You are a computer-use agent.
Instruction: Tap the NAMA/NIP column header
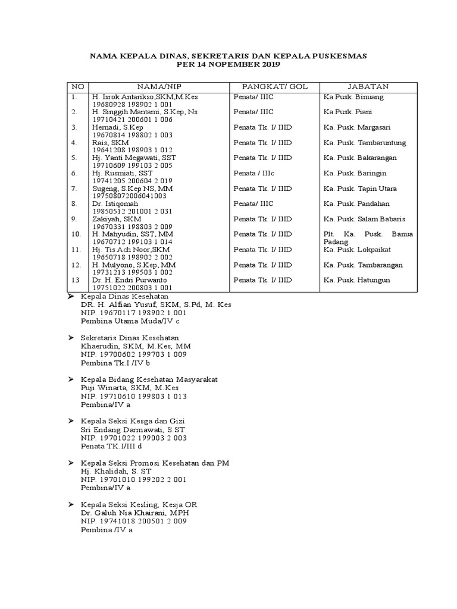(x=158, y=86)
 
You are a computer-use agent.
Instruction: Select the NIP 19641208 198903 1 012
(x=124, y=150)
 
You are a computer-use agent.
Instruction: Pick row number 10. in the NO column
(x=76, y=234)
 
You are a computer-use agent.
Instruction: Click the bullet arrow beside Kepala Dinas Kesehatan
(x=71, y=296)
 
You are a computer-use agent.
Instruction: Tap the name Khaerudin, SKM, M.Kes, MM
(x=136, y=346)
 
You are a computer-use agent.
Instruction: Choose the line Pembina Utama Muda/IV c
(x=130, y=321)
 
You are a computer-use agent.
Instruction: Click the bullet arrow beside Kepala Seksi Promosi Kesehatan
(x=71, y=463)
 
